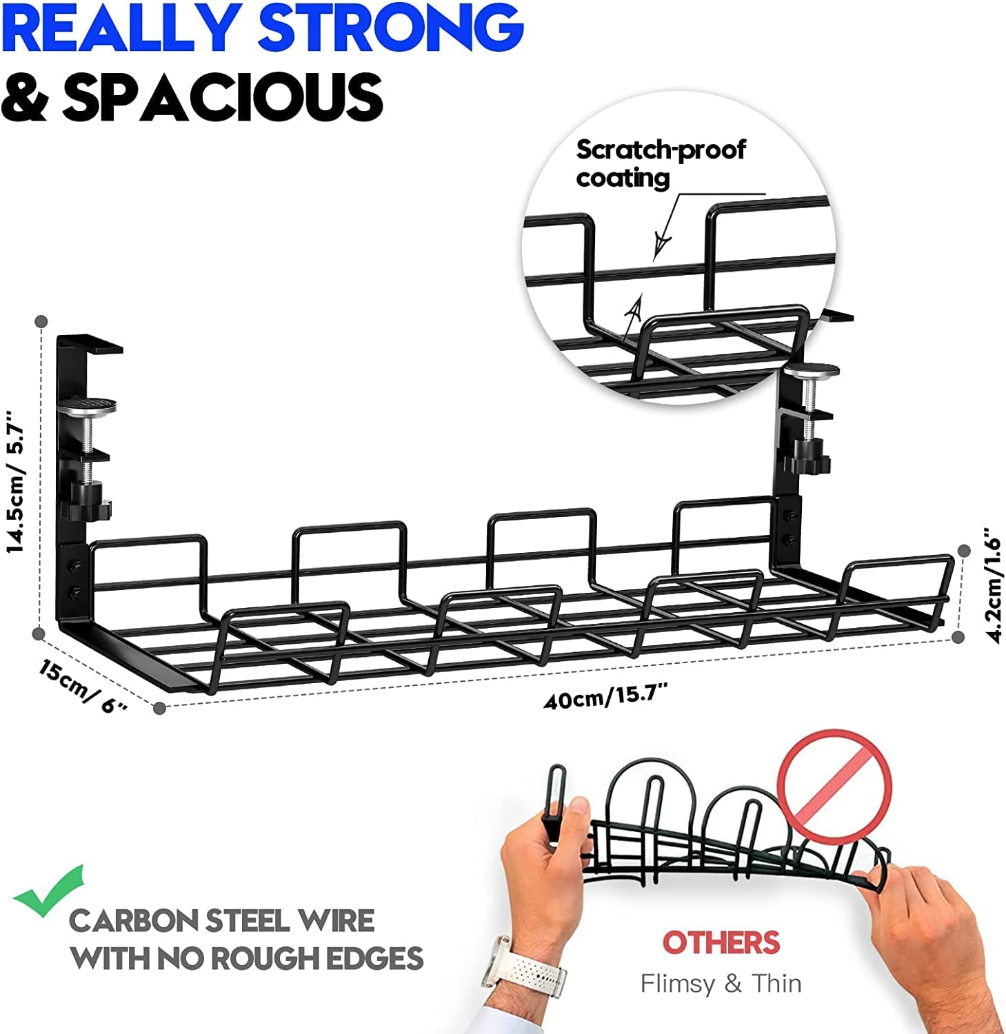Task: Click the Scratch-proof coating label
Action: pos(660,163)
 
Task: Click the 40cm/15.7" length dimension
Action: pos(606,698)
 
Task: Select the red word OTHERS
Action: pos(721,942)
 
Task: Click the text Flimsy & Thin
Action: pos(721,983)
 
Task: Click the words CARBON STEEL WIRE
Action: pos(221,921)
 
